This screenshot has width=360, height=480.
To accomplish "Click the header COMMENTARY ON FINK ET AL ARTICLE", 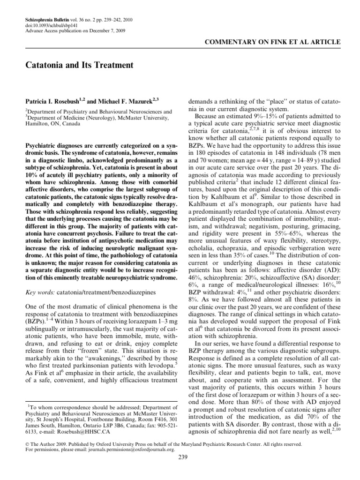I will (273, 42).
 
